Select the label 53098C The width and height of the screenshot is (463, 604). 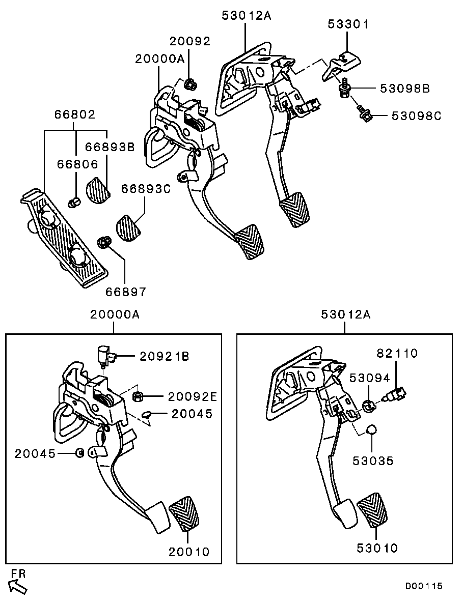[x=416, y=116]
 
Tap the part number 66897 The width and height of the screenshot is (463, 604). [x=126, y=292]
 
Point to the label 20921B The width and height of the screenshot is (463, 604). [x=164, y=357]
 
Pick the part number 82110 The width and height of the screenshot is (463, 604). [x=397, y=353]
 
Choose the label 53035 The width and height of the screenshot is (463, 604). [x=374, y=461]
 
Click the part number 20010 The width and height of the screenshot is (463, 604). [x=189, y=552]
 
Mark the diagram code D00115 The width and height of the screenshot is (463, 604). [x=424, y=586]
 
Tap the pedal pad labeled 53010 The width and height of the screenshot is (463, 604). [x=372, y=510]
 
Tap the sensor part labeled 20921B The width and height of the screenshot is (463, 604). [x=105, y=354]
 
